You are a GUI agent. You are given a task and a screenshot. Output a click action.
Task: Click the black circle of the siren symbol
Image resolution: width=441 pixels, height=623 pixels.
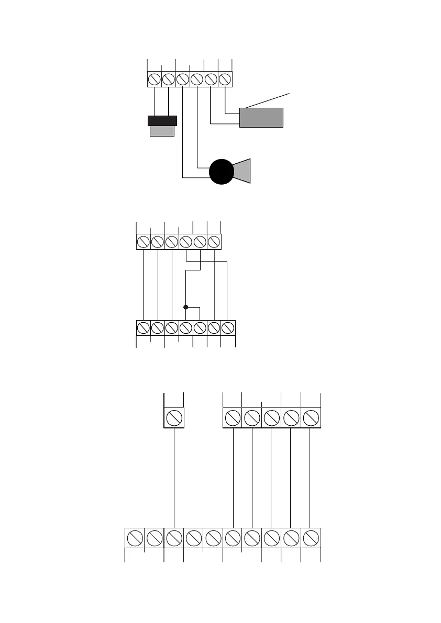coord(222,172)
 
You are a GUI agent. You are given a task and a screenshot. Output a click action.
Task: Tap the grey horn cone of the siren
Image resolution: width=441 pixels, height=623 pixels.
coord(242,171)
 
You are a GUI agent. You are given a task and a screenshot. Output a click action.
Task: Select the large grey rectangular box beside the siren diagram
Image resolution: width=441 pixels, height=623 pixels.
coord(261,118)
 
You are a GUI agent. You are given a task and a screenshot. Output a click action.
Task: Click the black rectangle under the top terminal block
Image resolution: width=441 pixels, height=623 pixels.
coord(162,121)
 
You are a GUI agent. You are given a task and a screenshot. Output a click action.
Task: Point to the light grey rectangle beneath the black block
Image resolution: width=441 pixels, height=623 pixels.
coord(162,131)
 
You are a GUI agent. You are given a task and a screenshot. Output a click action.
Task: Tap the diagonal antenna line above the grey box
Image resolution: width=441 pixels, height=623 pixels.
coord(267,100)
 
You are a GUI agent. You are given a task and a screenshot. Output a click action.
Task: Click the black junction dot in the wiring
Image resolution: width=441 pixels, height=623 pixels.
coord(186,307)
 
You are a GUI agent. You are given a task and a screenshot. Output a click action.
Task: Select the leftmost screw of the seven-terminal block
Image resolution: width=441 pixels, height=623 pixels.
coord(143,328)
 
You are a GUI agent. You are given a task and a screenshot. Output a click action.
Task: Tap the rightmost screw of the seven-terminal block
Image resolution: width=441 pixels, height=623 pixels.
coord(228,328)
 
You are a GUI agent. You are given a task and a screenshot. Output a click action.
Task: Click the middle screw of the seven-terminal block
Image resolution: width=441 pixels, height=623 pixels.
coord(185,328)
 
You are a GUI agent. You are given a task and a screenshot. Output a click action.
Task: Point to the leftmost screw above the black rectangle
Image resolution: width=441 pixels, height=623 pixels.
coord(155,80)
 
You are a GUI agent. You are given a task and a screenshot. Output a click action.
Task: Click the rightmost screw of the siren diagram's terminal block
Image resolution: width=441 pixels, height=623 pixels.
coord(225,80)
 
